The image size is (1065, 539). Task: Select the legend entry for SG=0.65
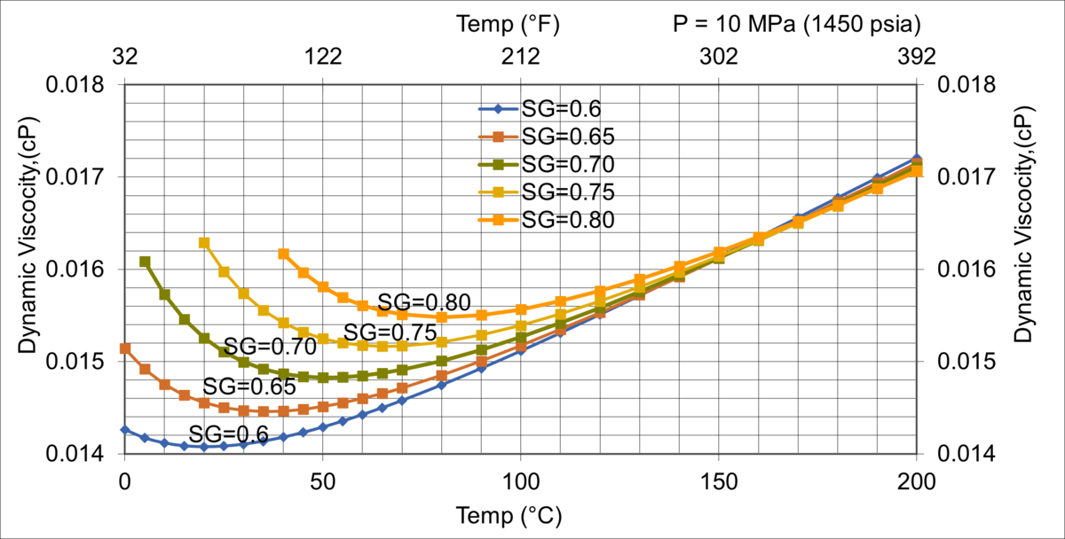545,137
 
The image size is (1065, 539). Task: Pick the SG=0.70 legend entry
545,164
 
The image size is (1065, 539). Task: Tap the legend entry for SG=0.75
545,191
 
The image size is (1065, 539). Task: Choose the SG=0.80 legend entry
545,220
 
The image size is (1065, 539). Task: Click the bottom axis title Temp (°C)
509,515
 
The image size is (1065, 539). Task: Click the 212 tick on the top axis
520,57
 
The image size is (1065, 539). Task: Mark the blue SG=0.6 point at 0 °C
125,430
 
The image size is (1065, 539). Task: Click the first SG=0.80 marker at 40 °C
283,254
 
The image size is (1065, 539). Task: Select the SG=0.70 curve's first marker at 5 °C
145,262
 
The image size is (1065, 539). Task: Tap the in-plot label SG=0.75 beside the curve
390,332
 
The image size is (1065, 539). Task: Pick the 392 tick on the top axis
916,57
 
